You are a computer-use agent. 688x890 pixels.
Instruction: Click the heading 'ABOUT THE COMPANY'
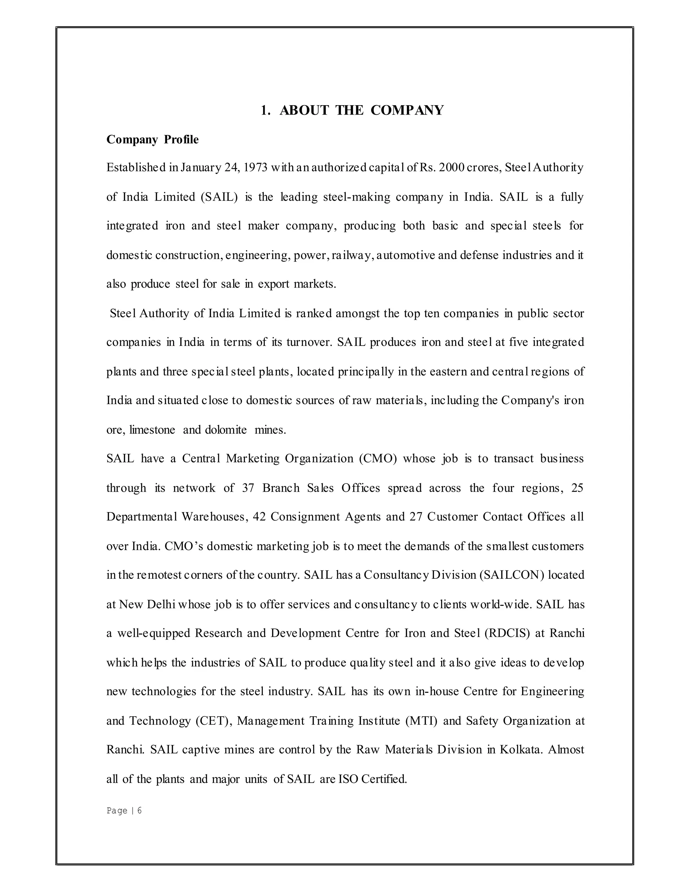click(x=361, y=110)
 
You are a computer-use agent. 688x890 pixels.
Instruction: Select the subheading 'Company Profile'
click(x=153, y=140)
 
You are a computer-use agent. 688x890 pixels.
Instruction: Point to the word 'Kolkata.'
click(x=521, y=750)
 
